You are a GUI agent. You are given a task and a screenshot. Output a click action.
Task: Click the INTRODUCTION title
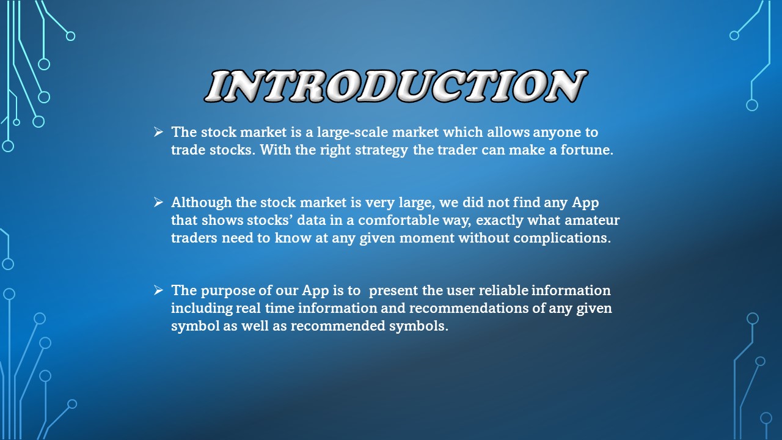395,86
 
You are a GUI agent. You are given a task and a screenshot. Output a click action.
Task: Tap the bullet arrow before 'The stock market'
158,132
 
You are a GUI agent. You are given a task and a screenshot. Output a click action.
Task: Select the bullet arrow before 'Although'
158,202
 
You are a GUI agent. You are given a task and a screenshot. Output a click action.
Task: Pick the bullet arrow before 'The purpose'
158,290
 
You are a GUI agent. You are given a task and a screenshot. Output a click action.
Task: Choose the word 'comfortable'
398,220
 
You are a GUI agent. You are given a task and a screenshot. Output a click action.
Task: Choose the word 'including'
199,308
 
